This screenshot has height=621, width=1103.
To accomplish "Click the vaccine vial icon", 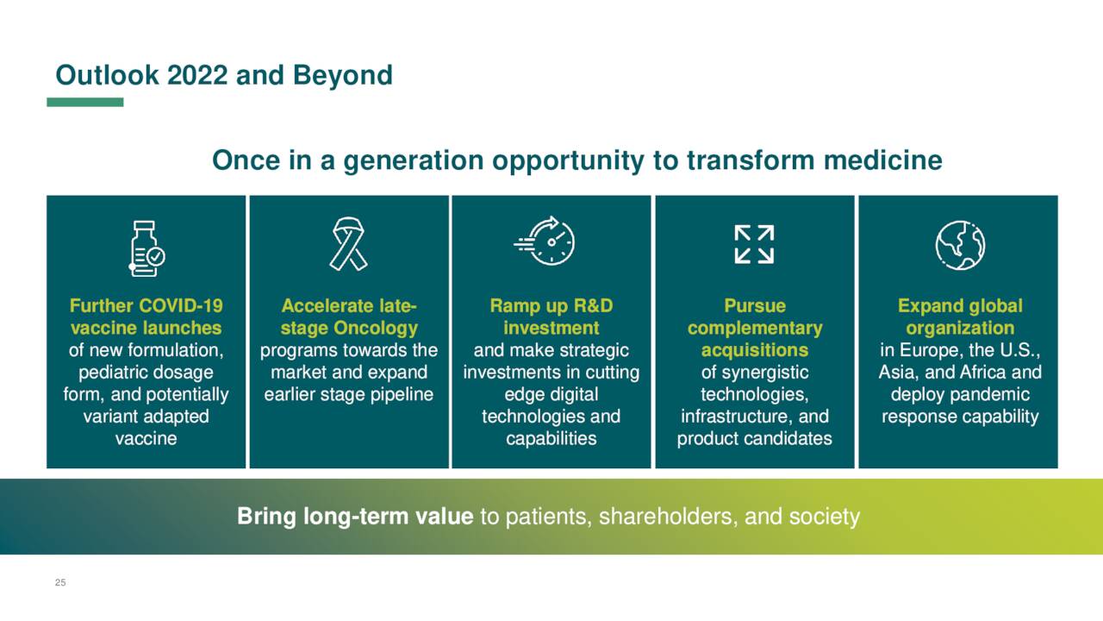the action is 146,248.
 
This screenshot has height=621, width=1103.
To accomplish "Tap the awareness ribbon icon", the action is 348,244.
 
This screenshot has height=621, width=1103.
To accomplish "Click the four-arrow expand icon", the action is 754,244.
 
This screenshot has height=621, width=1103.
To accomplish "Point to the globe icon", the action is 960,245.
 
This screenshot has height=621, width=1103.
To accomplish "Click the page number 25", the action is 60,582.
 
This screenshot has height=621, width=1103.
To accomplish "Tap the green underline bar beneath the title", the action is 85,102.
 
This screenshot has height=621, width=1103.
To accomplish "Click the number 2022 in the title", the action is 197,75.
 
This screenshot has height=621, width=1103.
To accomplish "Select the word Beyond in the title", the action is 343,75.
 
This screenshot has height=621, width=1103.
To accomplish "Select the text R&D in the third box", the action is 594,305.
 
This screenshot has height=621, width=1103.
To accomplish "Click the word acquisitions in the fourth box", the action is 755,350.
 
